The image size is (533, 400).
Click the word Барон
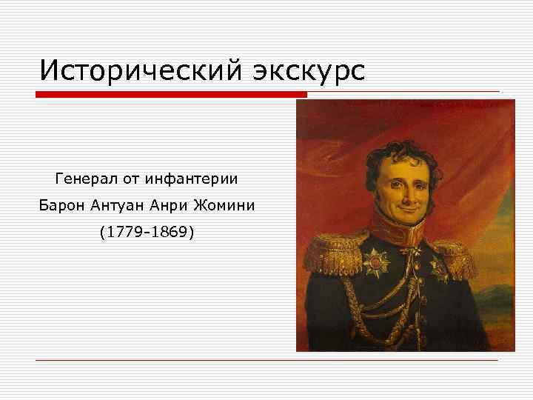pos(63,205)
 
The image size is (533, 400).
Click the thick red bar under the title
pos(170,95)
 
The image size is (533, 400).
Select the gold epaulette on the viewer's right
pos(453,256)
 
